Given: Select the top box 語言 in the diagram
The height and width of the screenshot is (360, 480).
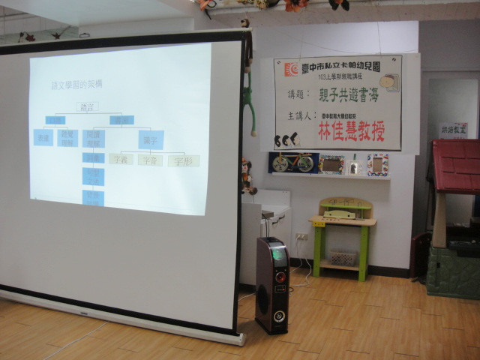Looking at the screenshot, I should [x=88, y=107].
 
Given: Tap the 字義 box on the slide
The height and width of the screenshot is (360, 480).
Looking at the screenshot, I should [x=121, y=159].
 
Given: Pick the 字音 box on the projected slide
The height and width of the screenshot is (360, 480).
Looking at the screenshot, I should [x=150, y=160].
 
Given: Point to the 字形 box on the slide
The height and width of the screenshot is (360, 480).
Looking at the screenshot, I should [x=183, y=160].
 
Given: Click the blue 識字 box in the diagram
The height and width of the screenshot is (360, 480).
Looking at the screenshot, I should [x=147, y=139].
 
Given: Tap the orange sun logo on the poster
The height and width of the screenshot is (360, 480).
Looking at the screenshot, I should [x=290, y=70].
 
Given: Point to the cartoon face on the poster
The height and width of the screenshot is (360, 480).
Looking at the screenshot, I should [x=388, y=82].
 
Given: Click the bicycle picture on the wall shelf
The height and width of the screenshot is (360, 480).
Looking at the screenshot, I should [x=292, y=163].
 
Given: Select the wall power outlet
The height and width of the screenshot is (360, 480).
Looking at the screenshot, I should [x=301, y=236].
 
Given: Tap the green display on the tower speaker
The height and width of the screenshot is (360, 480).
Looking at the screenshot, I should [x=277, y=255].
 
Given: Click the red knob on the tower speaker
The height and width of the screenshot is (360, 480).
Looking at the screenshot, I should [x=280, y=277].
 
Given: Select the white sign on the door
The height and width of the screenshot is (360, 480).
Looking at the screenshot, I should [x=453, y=130].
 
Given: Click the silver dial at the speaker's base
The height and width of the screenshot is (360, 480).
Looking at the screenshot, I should [x=278, y=316].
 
